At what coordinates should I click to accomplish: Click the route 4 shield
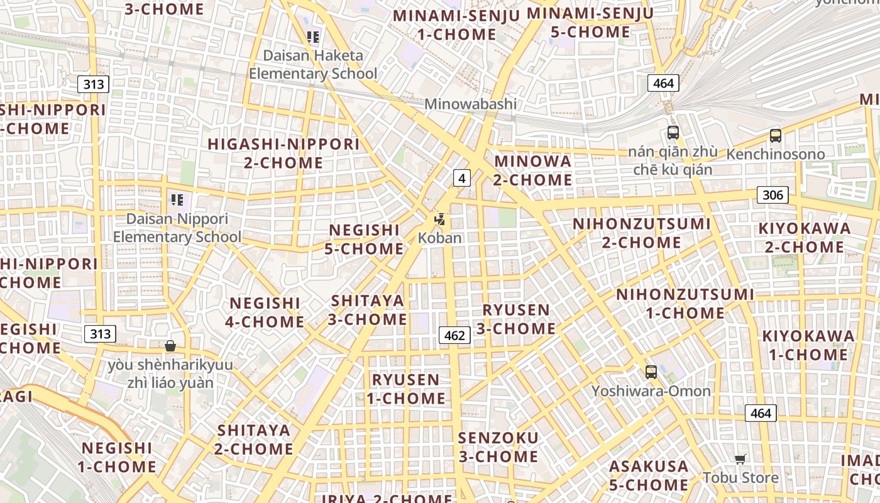click(x=462, y=178)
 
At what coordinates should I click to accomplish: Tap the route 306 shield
click(x=773, y=195)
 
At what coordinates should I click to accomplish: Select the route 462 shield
click(x=454, y=335)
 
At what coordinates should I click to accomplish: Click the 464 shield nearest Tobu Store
click(x=761, y=413)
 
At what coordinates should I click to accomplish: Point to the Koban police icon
click(x=440, y=219)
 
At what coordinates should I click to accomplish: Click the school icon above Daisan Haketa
click(x=313, y=37)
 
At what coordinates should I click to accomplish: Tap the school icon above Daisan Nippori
click(x=177, y=201)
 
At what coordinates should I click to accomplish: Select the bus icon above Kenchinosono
click(x=776, y=135)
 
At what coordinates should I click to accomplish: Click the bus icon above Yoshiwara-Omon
click(x=651, y=372)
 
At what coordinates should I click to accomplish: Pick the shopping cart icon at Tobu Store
click(x=740, y=459)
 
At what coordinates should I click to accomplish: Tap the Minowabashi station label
click(x=470, y=104)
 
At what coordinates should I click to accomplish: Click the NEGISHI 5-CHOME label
click(x=365, y=240)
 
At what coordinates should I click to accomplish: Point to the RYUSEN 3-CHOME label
click(x=516, y=319)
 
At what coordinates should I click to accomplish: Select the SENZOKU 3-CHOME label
click(x=498, y=447)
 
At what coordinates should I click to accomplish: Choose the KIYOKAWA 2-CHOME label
click(x=805, y=238)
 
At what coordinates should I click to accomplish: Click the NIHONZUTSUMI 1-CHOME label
click(x=685, y=304)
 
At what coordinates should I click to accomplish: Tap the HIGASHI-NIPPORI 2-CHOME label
click(x=283, y=153)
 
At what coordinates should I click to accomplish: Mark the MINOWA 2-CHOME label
click(x=533, y=170)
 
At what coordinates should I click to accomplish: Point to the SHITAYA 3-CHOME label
click(x=368, y=310)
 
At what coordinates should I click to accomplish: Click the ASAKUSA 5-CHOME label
click(x=649, y=475)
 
